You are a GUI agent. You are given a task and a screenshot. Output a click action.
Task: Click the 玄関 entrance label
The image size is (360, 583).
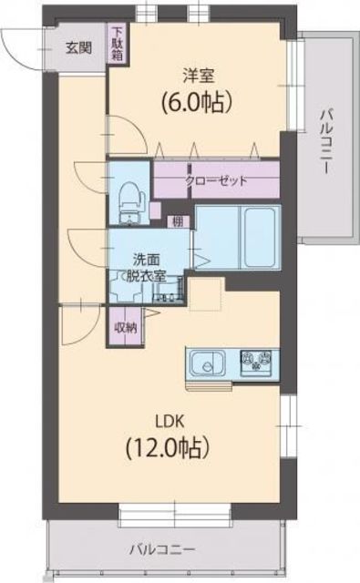[x=77, y=48]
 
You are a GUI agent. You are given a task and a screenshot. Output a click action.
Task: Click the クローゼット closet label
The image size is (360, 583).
[x=216, y=180]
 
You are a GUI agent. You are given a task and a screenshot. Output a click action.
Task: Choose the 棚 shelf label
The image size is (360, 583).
[x=180, y=220]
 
